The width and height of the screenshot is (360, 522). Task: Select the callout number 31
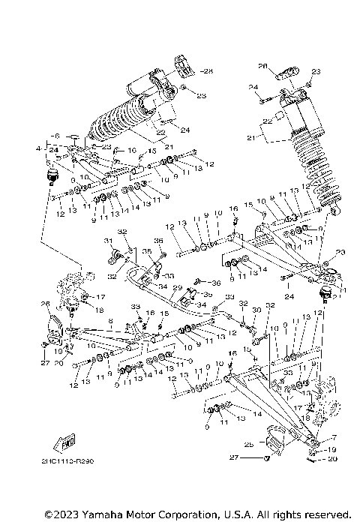point(107,240)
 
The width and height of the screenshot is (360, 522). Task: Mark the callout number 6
point(55,136)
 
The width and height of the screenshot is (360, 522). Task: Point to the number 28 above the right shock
point(262,65)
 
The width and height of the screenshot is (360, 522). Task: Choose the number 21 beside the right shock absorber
point(251,139)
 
